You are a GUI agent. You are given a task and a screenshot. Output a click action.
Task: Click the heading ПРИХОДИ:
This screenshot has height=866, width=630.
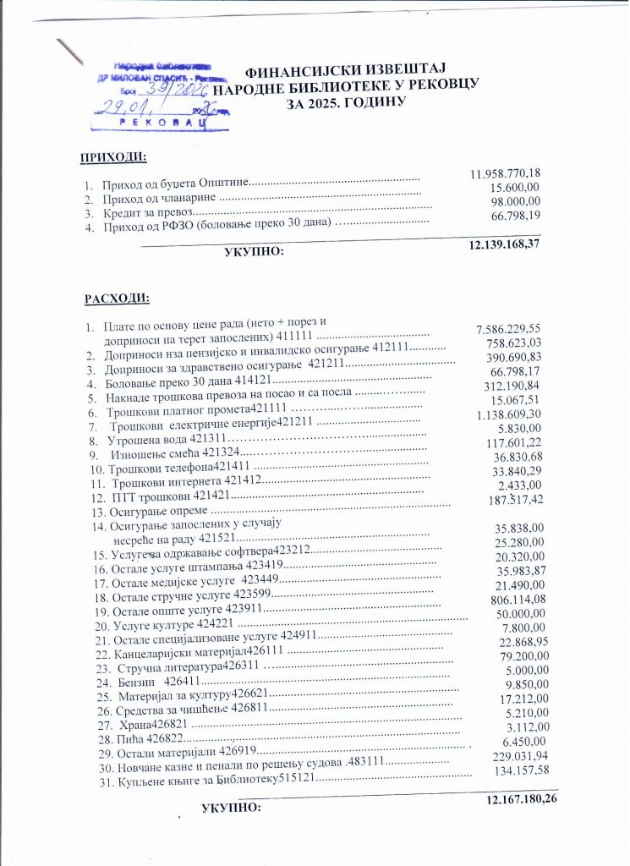(113, 159)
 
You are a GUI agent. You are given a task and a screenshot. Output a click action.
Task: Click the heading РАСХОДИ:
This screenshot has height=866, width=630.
(117, 299)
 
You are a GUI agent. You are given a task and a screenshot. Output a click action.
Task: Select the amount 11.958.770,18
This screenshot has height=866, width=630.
(505, 174)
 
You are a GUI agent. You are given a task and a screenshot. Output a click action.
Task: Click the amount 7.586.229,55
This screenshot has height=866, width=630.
(509, 329)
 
